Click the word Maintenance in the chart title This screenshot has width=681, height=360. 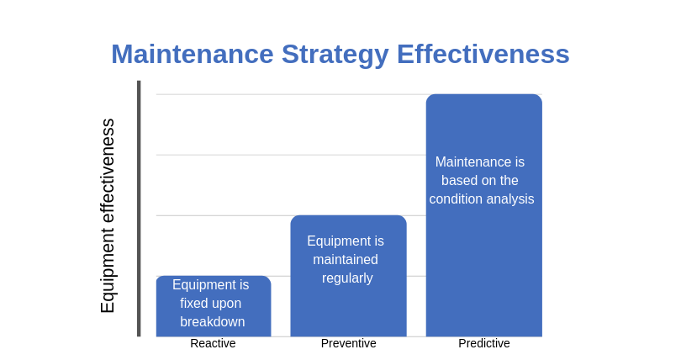[x=193, y=54]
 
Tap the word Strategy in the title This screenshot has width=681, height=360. [x=335, y=54]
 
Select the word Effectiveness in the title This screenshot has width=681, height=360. [x=483, y=54]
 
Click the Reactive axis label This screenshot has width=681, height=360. [x=213, y=343]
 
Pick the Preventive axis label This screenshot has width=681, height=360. [x=348, y=343]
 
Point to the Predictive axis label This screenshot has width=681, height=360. [x=483, y=343]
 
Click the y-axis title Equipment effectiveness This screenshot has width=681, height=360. [x=108, y=215]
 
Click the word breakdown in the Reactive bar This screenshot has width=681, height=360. [x=212, y=321]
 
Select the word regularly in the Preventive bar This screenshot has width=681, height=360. [x=347, y=278]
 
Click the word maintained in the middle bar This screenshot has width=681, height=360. [x=346, y=259]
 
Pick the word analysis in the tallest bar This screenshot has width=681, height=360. [x=510, y=199]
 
